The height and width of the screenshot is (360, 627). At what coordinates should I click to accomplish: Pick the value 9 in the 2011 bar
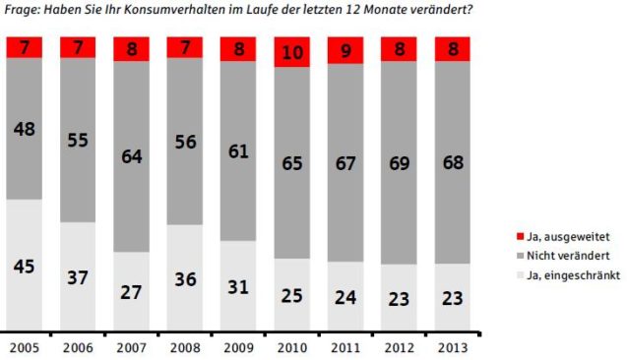coord(345,49)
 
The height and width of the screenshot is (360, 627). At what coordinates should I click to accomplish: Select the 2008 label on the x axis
coord(184,346)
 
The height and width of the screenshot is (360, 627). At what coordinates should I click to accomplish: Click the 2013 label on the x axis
coord(451,346)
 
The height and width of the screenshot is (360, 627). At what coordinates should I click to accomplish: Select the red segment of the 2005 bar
coord(25,47)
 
